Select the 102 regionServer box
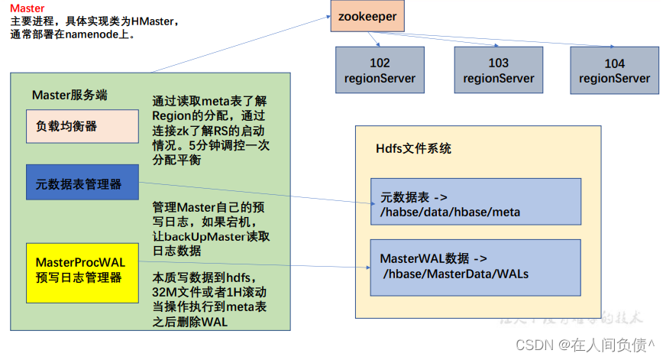[380, 70]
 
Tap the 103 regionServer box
[498, 70]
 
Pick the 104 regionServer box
[614, 70]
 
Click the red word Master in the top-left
[27, 8]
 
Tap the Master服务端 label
[70, 95]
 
